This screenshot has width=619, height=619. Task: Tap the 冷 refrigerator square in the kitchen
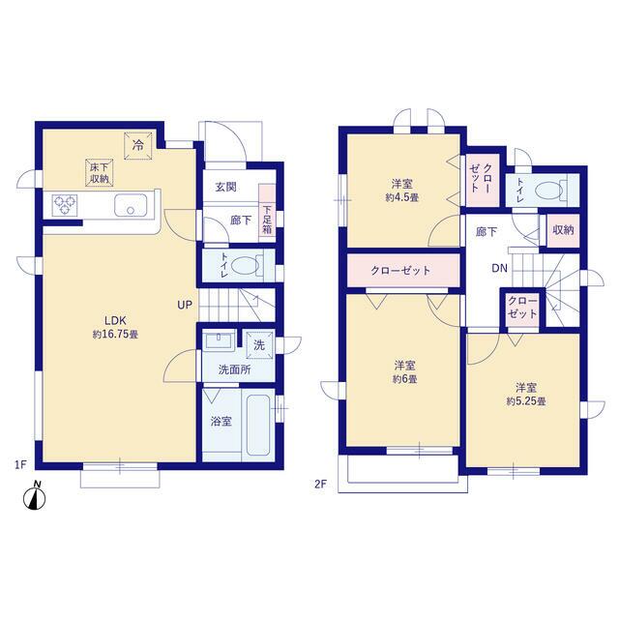click(137, 146)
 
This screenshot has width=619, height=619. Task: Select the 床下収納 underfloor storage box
click(100, 172)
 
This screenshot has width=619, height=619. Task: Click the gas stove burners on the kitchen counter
click(65, 205)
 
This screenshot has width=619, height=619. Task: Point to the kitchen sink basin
click(131, 205)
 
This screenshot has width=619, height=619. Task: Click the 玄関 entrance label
click(225, 187)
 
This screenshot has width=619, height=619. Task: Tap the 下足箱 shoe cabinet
click(267, 213)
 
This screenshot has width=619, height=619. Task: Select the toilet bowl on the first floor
click(244, 265)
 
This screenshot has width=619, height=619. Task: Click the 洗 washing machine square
click(259, 345)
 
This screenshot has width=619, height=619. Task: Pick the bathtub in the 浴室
click(258, 425)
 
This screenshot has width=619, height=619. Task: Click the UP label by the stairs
click(185, 305)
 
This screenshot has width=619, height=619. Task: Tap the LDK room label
click(115, 320)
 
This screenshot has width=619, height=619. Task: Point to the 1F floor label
click(20, 465)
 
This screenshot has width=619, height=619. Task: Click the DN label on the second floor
click(499, 269)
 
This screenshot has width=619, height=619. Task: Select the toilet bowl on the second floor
click(549, 191)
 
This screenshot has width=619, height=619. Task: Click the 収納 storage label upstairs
click(563, 230)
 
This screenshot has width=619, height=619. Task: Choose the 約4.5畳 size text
click(402, 197)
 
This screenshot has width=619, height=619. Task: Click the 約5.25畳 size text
click(526, 401)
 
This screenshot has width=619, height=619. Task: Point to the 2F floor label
click(320, 484)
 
